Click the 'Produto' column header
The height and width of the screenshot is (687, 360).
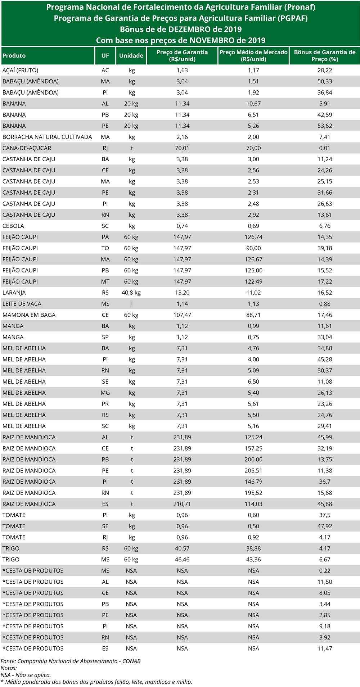click(14, 56)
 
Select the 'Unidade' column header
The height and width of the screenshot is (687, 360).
click(131, 56)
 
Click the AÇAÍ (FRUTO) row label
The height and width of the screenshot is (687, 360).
click(20, 70)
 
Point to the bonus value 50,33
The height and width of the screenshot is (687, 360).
click(325, 81)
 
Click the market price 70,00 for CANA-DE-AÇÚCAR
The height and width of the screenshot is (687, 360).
click(253, 148)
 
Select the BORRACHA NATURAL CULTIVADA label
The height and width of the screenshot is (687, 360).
click(47, 137)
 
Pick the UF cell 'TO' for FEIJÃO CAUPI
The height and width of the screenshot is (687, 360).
click(105, 248)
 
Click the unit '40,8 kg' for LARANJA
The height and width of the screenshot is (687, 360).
click(131, 293)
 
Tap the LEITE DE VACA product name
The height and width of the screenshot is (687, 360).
click(22, 304)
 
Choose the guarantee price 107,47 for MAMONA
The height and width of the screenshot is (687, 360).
click(182, 315)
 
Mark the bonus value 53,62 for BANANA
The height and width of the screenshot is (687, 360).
click(325, 126)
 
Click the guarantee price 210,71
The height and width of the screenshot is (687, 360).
click(182, 504)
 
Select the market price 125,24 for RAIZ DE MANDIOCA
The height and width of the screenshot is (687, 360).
click(253, 437)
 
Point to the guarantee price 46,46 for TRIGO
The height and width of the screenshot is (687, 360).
click(182, 560)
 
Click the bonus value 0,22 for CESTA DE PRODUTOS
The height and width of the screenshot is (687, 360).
click(325, 571)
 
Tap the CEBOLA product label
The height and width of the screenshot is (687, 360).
click(13, 226)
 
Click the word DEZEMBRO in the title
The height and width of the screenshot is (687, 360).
click(189, 30)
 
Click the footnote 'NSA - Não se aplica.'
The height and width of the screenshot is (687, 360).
click(26, 675)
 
